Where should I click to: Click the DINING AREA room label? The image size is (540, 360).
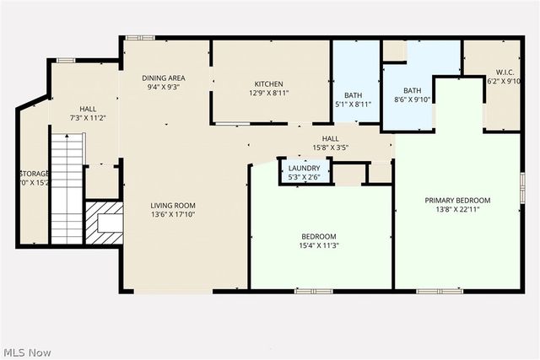[163, 78]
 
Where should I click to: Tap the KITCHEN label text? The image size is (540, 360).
[270, 83]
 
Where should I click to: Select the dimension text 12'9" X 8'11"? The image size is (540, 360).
[270, 94]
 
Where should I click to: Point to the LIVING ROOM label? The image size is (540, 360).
[173, 206]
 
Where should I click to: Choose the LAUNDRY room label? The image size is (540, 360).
[304, 168]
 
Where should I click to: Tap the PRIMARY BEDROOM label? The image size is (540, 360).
[457, 201]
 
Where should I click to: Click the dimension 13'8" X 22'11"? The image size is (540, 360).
[457, 211]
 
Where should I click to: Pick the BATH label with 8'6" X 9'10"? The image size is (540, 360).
[412, 90]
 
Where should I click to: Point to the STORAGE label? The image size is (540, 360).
[35, 174]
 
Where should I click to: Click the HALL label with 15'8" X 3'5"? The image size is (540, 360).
[330, 138]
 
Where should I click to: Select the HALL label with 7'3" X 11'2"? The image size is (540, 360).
[88, 109]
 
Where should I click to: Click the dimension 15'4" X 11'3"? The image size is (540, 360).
[319, 246]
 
